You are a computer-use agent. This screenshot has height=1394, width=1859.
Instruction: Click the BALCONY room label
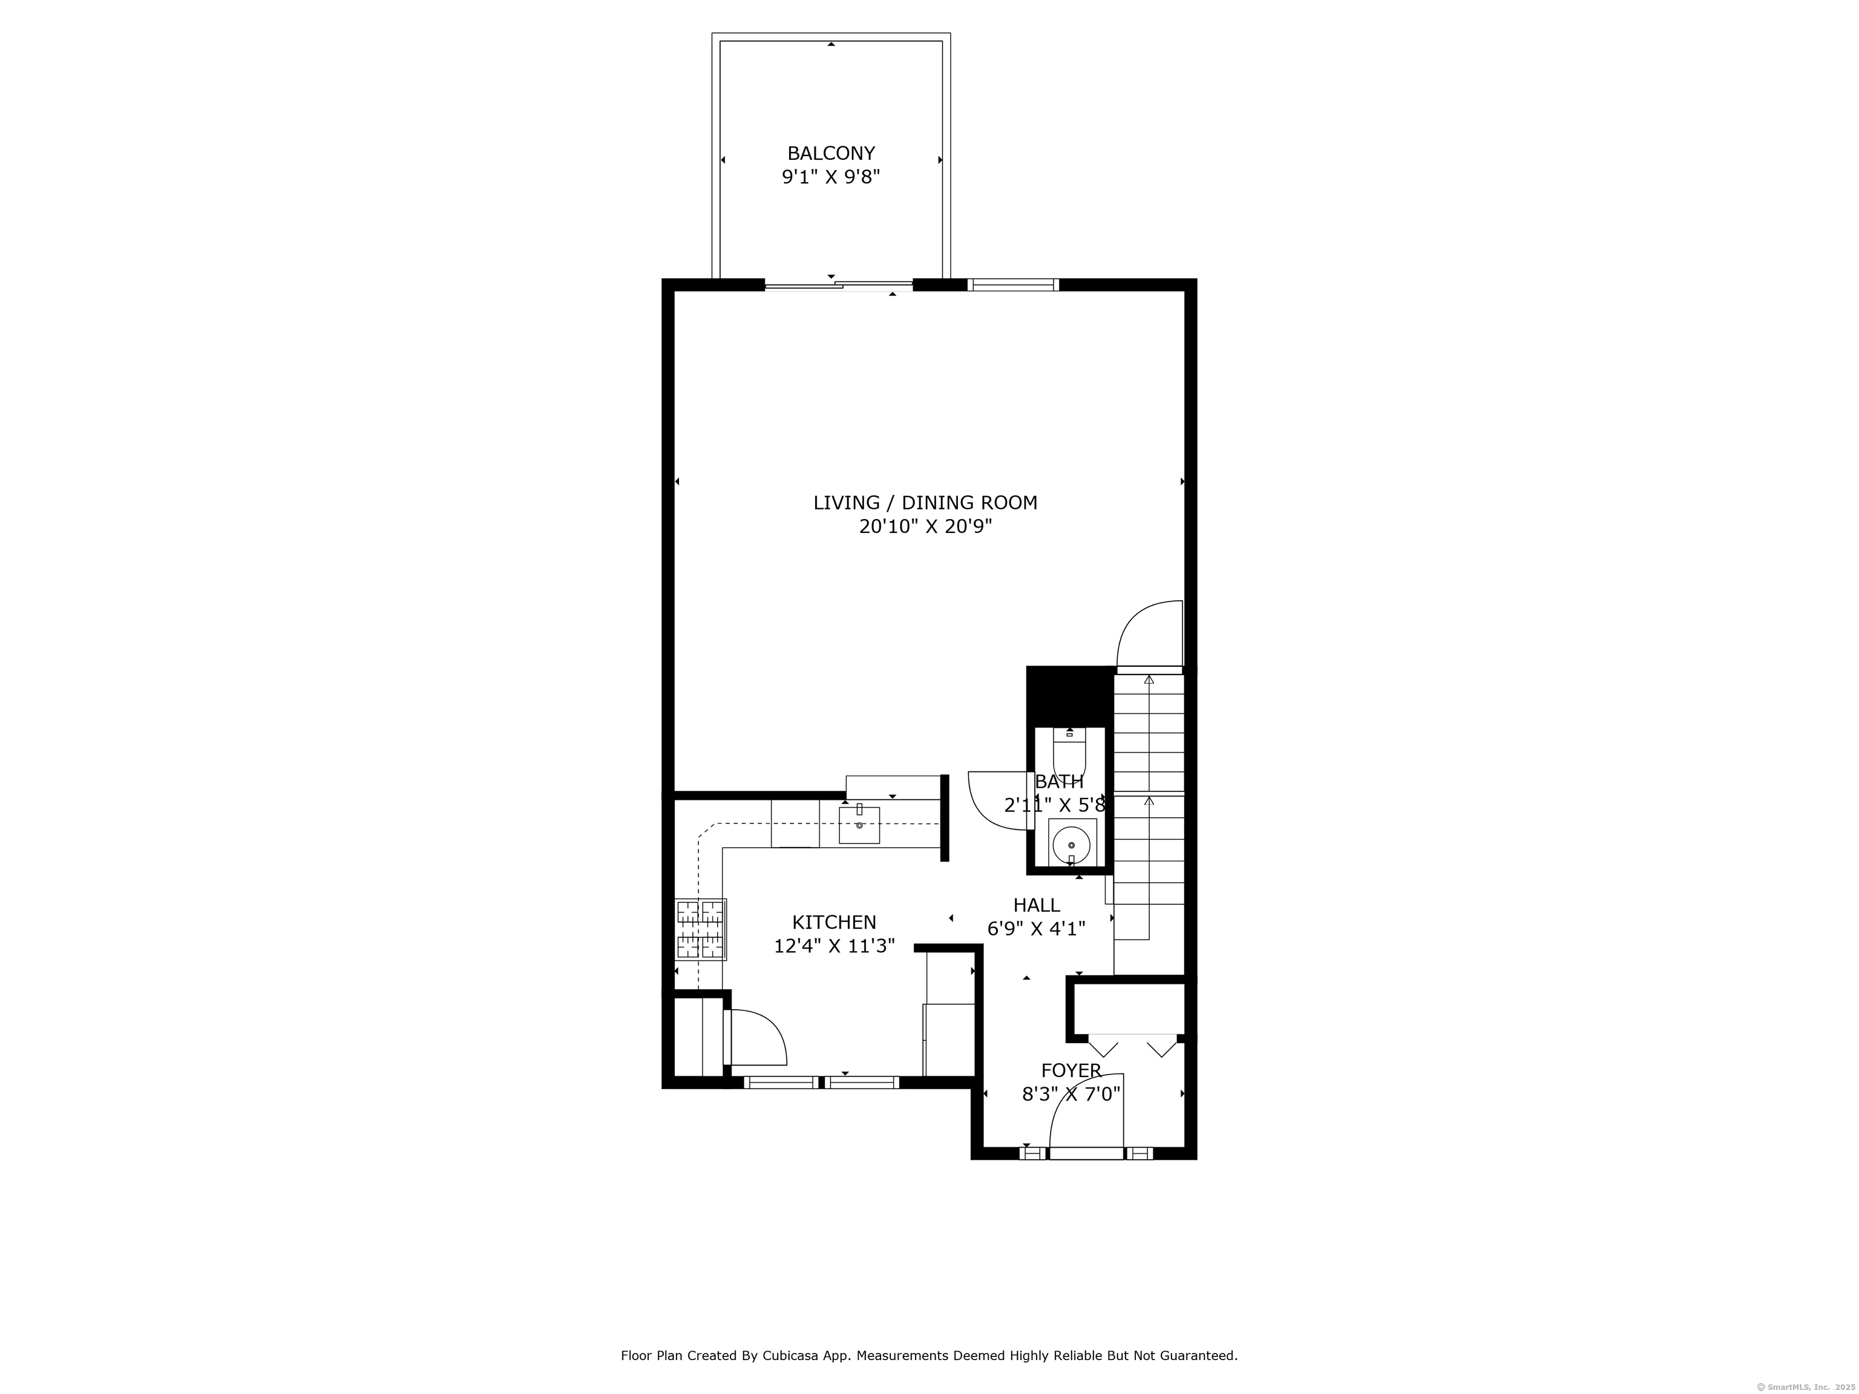830,154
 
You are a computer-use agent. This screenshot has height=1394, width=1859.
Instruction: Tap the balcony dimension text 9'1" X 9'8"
830,177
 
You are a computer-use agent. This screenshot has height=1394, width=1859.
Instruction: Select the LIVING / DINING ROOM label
925,502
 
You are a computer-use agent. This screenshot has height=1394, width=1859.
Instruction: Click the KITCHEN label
834,923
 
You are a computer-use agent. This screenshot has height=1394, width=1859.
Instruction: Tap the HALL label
1035,905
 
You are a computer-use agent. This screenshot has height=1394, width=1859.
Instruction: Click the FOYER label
1070,1070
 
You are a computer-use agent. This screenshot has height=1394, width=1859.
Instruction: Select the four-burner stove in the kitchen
701,929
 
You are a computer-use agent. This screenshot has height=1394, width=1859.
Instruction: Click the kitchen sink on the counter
859,825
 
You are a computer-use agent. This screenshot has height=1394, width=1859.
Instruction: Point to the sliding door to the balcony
838,286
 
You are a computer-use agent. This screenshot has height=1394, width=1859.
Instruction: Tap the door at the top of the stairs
1150,635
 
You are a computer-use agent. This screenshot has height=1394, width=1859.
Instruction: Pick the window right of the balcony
1012,285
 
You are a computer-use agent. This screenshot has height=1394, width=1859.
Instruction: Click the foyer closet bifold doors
1133,1046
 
